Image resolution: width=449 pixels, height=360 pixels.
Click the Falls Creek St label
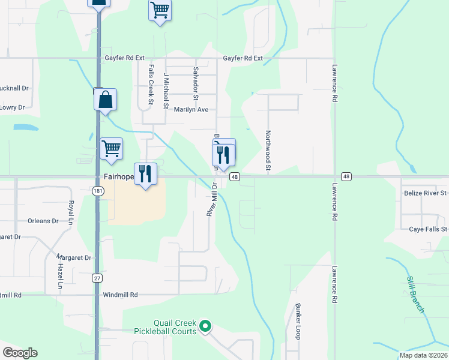[x=151, y=86]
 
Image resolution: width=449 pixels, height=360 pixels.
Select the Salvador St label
[x=195, y=83]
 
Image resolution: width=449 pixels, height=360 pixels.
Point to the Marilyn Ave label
[x=191, y=110]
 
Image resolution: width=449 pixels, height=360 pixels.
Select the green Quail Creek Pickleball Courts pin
[x=206, y=327]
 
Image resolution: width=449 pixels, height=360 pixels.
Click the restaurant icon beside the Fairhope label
[x=145, y=174]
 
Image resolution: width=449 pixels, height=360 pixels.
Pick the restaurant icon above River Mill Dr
[x=223, y=154]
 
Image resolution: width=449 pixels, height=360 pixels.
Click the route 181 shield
[x=97, y=191]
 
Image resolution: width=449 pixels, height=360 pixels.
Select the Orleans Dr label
[x=43, y=221]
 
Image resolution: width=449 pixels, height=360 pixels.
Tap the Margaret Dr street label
[x=79, y=258]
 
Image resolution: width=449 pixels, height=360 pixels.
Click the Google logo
[x=20, y=352]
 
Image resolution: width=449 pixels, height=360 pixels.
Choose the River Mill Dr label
[x=211, y=200]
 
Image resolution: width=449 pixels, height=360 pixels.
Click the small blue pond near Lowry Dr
[x=26, y=127]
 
